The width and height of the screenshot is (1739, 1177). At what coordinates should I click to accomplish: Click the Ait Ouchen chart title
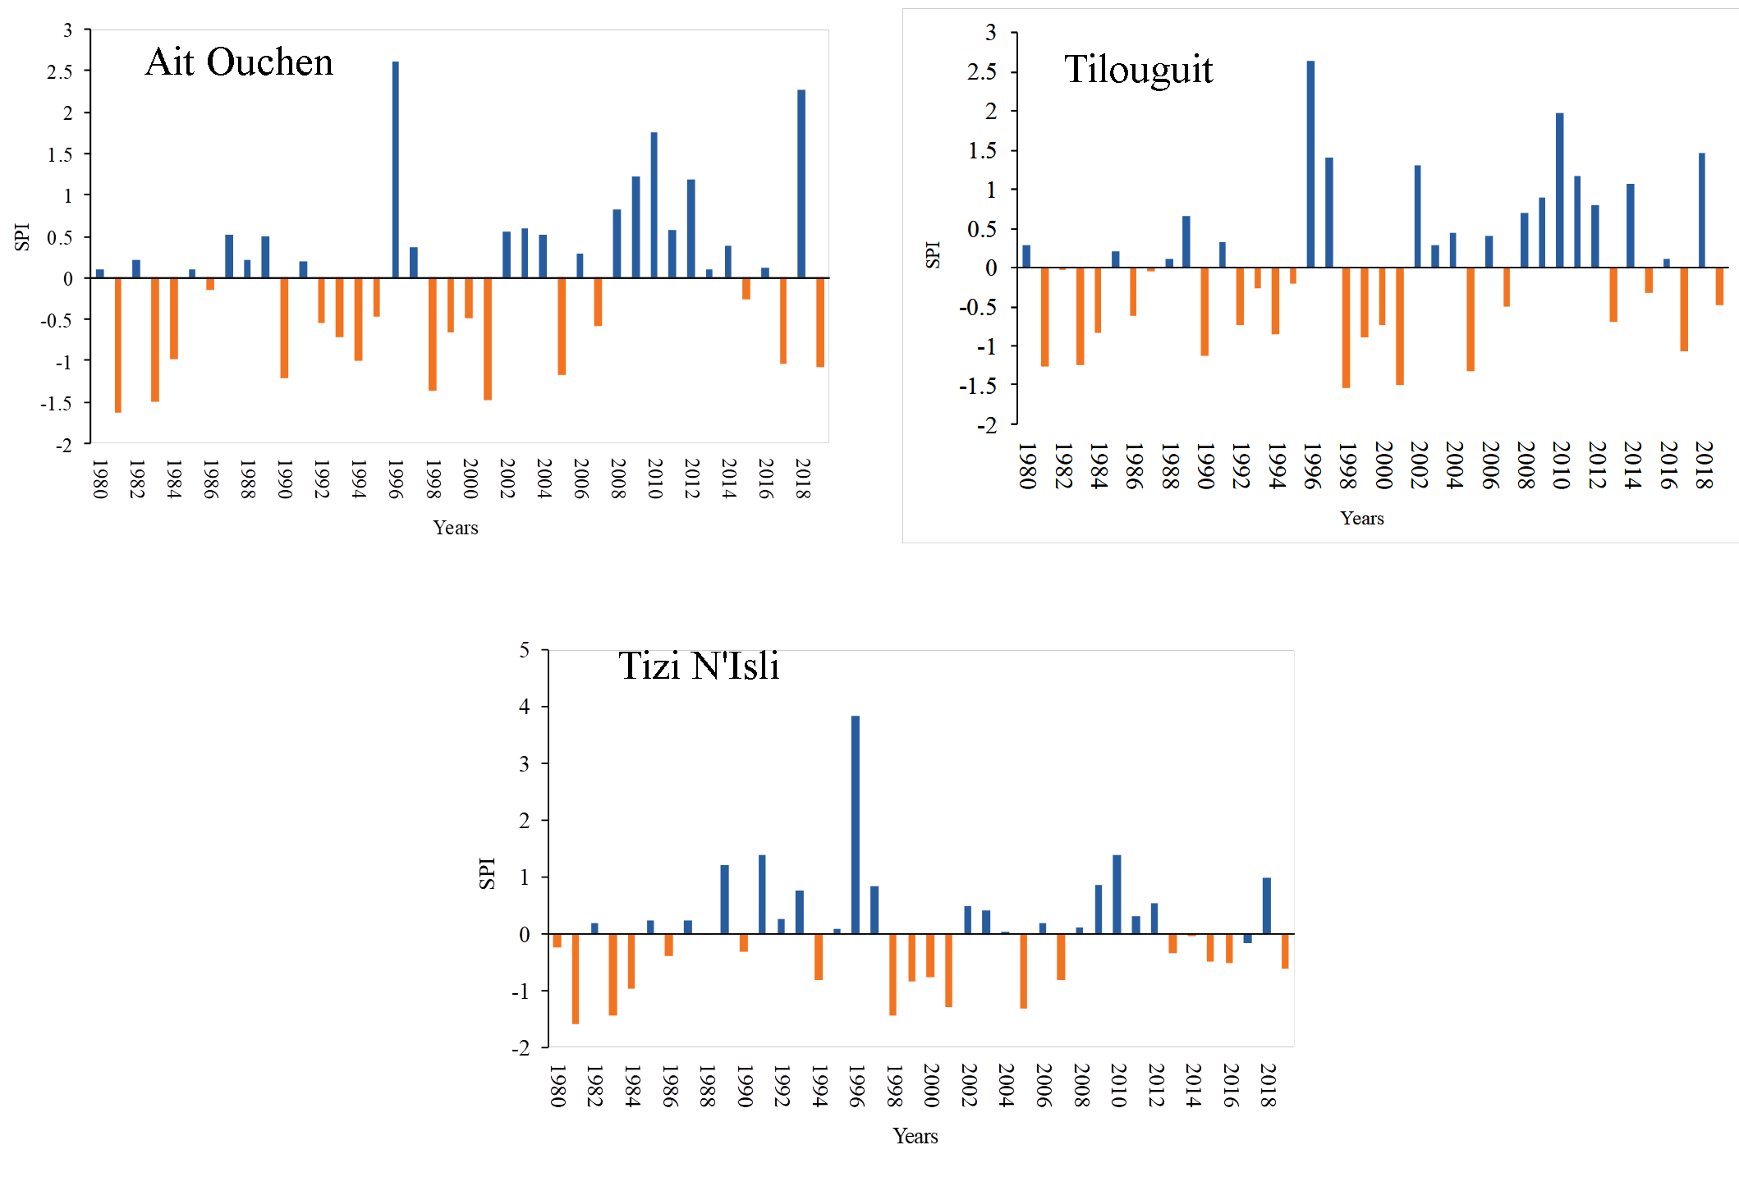[239, 62]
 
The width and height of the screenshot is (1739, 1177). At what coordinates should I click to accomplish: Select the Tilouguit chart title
[1138, 69]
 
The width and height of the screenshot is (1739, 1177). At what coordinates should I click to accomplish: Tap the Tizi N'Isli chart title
[699, 666]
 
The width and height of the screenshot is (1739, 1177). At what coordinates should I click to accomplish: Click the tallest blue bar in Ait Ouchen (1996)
[396, 169]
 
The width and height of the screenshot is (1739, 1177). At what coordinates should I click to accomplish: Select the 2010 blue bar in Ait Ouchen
[654, 204]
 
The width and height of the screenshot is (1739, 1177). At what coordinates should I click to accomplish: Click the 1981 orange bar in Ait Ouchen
[118, 345]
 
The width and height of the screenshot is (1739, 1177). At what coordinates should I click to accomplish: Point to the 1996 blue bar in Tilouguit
[1310, 164]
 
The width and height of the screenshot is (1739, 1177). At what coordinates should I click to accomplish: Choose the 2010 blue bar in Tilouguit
[1559, 190]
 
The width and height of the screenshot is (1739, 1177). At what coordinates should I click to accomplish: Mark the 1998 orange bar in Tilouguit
[1346, 327]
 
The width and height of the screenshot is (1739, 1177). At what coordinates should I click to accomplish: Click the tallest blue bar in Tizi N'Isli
[856, 824]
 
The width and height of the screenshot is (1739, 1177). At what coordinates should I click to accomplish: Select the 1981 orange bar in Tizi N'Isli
[576, 978]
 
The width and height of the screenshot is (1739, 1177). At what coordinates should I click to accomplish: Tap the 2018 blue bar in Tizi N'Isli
[1267, 905]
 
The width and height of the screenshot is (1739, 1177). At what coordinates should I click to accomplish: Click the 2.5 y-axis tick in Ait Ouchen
[60, 71]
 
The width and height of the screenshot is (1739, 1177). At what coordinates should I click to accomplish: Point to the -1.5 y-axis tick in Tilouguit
[978, 386]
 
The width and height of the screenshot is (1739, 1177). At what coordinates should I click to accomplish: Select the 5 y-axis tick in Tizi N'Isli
[525, 650]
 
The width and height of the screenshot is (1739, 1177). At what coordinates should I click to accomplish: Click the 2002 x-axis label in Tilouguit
[1418, 465]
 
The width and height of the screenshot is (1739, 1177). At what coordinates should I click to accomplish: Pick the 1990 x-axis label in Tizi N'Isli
[744, 1086]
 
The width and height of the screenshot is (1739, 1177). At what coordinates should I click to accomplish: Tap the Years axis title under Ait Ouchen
[456, 528]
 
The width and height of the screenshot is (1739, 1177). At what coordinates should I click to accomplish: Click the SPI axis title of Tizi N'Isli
[487, 873]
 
